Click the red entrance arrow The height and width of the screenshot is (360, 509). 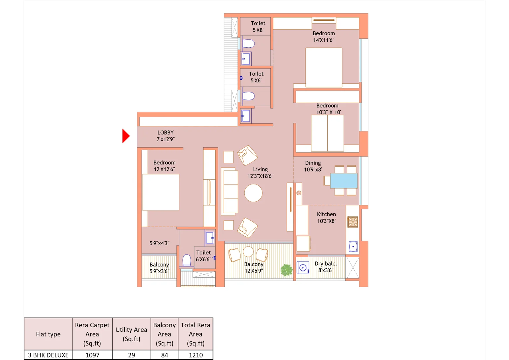point(126,136)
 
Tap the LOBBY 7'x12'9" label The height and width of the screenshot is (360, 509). point(165,136)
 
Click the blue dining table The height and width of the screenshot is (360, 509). point(344,180)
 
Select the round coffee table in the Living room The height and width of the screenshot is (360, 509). point(253,193)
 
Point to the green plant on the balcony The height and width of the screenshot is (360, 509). point(286,270)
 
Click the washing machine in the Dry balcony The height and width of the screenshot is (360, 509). point(303,268)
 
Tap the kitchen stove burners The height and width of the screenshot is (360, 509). point(352,222)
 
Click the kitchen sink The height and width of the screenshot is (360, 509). point(353,246)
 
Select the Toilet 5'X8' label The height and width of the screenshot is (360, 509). point(258,26)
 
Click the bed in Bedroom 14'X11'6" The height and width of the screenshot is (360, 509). point(324,67)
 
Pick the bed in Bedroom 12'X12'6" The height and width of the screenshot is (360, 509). point(161,192)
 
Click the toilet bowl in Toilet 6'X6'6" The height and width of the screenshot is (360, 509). point(187,260)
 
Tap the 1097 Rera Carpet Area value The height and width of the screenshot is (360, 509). point(92,355)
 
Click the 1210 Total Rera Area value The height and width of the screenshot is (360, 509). point(196,355)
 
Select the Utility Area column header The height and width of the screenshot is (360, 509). point(131,334)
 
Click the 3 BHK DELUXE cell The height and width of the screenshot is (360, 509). point(48,355)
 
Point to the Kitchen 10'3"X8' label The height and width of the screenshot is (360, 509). point(326,218)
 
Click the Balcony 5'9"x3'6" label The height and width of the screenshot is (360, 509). point(159,268)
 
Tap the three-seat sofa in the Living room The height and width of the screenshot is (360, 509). point(229,191)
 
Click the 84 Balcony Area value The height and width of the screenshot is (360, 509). point(164,355)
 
